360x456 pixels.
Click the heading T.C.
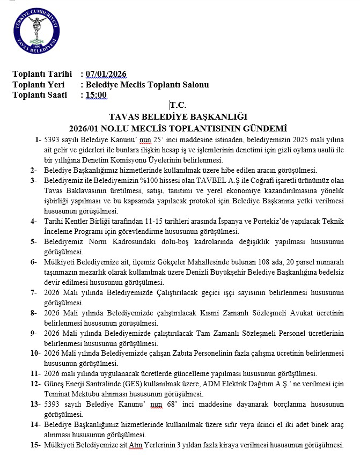click(178, 106)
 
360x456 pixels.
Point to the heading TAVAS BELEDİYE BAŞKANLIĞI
click(178, 116)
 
